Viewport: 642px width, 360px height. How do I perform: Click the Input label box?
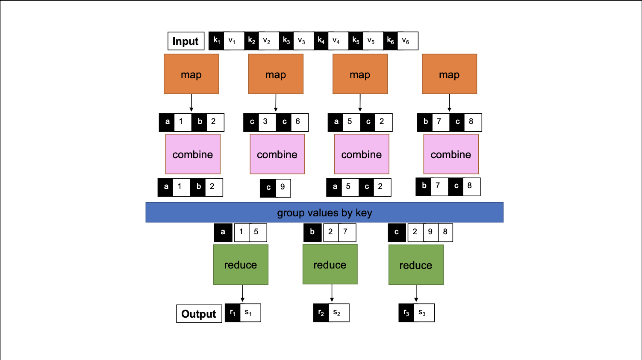point(186,41)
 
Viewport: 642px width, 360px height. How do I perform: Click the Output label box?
point(199,314)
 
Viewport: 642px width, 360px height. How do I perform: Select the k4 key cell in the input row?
point(321,41)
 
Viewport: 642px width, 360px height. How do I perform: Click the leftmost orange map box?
point(191,74)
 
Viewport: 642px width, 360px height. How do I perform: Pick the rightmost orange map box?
point(449,74)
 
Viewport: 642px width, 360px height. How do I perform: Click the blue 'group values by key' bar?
point(324,212)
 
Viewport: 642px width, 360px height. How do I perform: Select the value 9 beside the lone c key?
point(283,187)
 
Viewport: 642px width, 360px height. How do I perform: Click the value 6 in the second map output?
point(298,122)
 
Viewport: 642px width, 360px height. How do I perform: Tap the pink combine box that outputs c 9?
point(277,154)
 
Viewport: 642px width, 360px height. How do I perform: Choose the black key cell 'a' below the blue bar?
point(223,232)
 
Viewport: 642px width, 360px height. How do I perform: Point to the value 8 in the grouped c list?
point(445,232)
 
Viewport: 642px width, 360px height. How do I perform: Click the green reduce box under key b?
point(330,265)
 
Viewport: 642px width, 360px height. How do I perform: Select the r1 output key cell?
point(233,313)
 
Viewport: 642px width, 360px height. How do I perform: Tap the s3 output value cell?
point(423,313)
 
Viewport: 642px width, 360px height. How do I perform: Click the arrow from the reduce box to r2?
point(332,293)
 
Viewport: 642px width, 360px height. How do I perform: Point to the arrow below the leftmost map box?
point(191,103)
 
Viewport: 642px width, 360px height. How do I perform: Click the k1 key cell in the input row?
point(217,41)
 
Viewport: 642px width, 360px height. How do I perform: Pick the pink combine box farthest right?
point(451,154)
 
